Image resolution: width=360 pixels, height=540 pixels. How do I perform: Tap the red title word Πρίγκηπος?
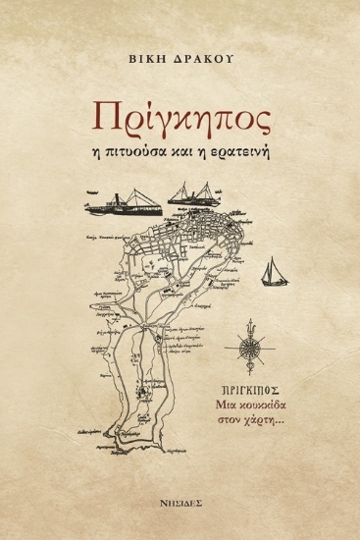[x=180, y=116]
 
